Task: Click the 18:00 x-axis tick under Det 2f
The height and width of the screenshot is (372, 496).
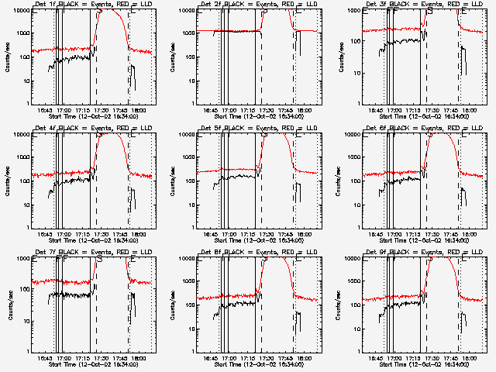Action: [305, 110]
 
